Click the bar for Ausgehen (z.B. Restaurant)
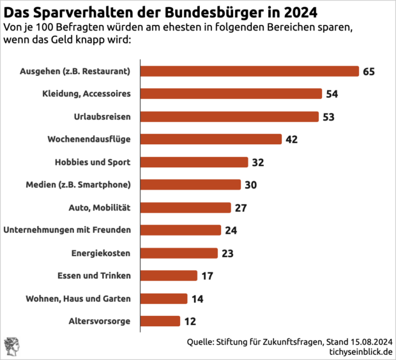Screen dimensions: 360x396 (x=249, y=71)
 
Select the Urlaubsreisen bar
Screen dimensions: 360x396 (x=229, y=116)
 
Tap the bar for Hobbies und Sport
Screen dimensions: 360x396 (x=194, y=162)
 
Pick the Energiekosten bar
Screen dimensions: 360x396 (x=179, y=253)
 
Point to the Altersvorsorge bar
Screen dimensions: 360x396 (x=160, y=321)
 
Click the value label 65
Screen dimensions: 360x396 (x=369, y=71)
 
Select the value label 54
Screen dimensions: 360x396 (x=331, y=94)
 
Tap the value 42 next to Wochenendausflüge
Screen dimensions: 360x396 (x=292, y=139)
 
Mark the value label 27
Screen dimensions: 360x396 (x=241, y=207)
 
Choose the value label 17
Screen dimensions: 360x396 (x=207, y=276)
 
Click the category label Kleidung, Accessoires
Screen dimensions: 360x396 (x=87, y=94)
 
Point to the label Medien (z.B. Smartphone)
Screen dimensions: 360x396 (x=79, y=185)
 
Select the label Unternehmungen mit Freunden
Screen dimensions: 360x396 (x=68, y=230)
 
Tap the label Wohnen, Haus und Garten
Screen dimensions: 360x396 (x=79, y=299)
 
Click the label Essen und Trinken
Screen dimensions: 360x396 (x=94, y=276)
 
